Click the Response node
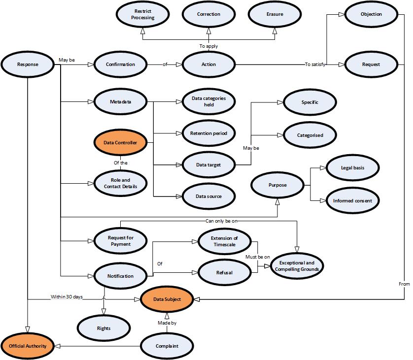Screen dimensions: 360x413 28,64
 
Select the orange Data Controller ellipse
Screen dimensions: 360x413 120,143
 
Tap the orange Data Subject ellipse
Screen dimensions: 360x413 167,299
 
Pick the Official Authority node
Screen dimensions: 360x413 28,346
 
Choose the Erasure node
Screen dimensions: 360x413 275,14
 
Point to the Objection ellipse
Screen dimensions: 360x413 371,14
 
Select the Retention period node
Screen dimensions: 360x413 208,133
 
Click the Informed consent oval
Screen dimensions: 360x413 353,201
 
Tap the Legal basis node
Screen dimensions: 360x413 353,168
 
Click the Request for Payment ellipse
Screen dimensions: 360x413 120,241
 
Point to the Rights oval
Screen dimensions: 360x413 104,328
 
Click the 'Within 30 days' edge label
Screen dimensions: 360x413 67,297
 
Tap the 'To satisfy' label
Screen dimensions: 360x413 315,65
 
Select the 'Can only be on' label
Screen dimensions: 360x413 222,221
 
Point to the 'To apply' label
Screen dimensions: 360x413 208,46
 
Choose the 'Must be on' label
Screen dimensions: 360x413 258,257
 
